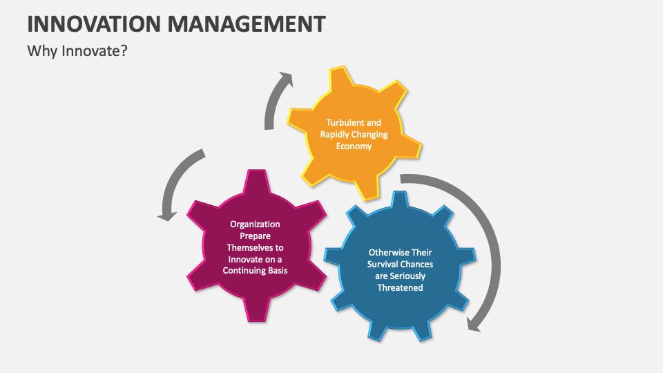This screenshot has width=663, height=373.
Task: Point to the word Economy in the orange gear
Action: click(354, 146)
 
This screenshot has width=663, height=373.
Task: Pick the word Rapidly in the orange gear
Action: click(336, 135)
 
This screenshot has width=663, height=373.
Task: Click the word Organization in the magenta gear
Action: click(255, 224)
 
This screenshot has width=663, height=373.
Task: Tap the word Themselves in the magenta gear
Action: click(255, 247)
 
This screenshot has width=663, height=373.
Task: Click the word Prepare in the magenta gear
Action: click(255, 236)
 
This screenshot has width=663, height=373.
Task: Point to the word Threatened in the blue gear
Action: click(400, 287)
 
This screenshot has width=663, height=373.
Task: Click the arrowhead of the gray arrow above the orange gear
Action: click(285, 79)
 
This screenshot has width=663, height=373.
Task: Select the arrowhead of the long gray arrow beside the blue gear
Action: click(473, 323)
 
